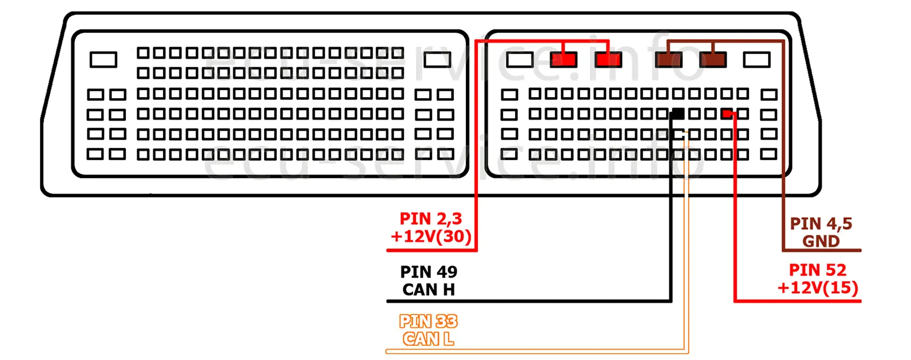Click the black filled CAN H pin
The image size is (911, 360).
[x=678, y=114]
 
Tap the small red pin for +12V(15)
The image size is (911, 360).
[x=727, y=114]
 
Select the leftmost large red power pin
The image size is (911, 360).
[x=563, y=60]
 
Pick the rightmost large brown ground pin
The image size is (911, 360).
[x=713, y=60]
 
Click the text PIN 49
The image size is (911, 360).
[x=429, y=272]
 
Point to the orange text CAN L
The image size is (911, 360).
[x=429, y=339]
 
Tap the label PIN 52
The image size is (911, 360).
[x=817, y=270]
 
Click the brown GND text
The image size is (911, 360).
[x=821, y=241]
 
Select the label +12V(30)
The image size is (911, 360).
[x=431, y=236]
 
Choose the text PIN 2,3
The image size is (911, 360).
[x=431, y=219]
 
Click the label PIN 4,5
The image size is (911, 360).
[x=821, y=223]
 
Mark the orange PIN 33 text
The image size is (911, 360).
[x=429, y=321]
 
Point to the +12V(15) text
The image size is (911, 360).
[x=817, y=288]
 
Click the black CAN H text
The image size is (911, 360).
[x=429, y=289]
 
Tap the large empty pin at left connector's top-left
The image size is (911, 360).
[x=103, y=60]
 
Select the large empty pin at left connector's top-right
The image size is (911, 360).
[x=437, y=60]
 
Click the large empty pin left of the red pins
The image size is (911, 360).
[x=520, y=60]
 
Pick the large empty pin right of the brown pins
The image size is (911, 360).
[x=756, y=60]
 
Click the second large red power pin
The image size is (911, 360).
[x=608, y=60]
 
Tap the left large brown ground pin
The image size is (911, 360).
[x=669, y=60]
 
